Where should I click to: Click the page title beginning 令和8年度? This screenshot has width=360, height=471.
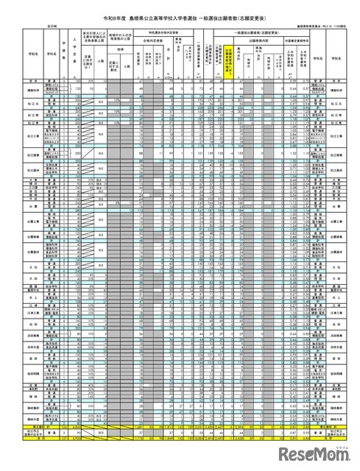(180, 16)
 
